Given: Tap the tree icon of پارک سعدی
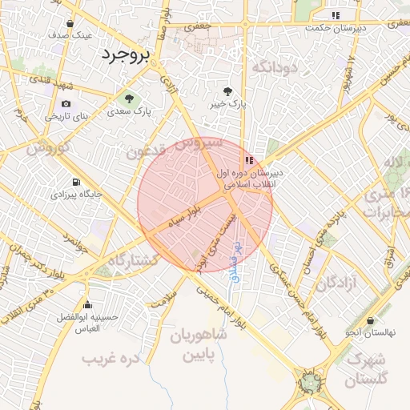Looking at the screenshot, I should [128, 98].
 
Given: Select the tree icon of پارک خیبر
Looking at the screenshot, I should [229, 91].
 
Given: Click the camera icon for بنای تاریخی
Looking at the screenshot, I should [66, 103].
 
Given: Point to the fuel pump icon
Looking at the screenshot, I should [76, 182].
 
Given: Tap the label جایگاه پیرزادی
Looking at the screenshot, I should [77, 194].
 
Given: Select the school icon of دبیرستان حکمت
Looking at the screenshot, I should [335, 15].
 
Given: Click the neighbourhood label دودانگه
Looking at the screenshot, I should [275, 67].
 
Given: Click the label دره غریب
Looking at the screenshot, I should [112, 357].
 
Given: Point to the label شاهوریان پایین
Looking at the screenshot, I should [198, 344].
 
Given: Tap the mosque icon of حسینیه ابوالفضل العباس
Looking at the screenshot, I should [88, 304].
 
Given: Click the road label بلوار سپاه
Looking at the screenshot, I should [183, 217].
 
